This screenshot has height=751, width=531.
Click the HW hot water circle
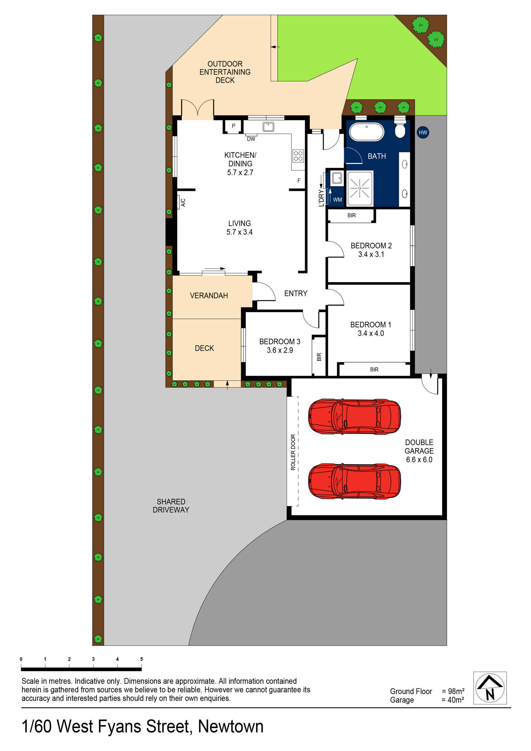[423, 132]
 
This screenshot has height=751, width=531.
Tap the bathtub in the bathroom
[366, 132]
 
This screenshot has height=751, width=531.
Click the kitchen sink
[268, 127]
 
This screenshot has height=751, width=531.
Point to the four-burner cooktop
[298, 156]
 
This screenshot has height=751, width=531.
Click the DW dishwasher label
[251, 139]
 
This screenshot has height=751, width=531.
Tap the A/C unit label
[183, 202]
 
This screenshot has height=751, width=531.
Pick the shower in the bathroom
[360, 188]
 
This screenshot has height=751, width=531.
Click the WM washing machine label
[337, 199]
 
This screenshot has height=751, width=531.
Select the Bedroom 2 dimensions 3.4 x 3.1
[371, 254]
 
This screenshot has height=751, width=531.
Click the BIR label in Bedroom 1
[374, 369]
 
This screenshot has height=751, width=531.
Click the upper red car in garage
[354, 417]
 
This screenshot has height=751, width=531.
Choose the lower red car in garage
[354, 481]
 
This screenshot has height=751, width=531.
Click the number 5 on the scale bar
[141, 659]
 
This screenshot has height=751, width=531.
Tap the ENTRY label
[295, 293]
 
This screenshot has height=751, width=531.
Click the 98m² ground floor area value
[456, 691]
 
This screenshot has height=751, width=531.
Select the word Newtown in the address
[231, 726]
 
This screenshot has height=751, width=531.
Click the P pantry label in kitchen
[234, 126]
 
